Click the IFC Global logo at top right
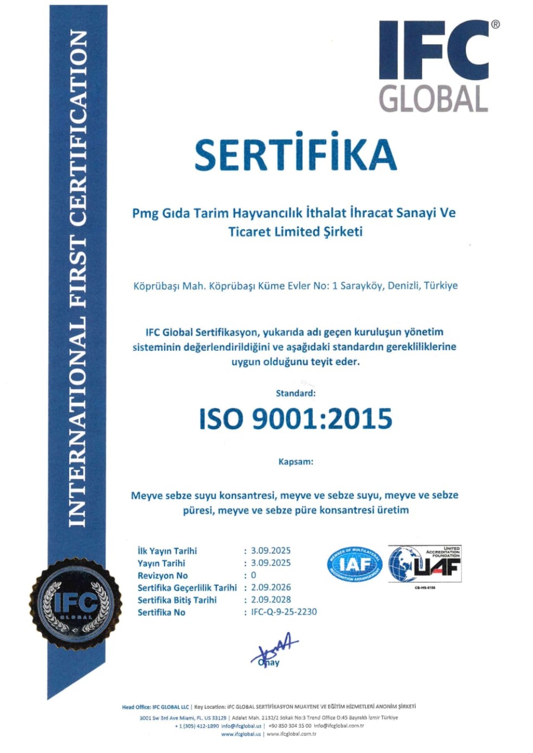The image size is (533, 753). click(x=434, y=66)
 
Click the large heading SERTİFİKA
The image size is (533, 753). click(x=295, y=155)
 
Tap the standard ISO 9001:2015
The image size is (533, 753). click(x=295, y=419)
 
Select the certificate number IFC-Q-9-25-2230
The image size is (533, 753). click(x=284, y=612)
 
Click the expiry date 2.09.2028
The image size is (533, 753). click(x=271, y=599)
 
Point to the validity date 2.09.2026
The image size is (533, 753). click(x=271, y=588)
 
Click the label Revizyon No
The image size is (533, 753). click(x=162, y=576)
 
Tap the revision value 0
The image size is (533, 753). click(x=253, y=576)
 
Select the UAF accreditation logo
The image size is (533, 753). click(x=425, y=565)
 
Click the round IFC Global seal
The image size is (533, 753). click(x=76, y=604)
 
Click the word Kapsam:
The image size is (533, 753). click(x=296, y=462)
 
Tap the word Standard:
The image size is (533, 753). click(x=296, y=393)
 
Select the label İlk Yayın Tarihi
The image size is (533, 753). click(x=167, y=551)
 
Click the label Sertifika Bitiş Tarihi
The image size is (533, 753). click(x=177, y=600)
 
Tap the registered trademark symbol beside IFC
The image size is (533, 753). click(x=495, y=24)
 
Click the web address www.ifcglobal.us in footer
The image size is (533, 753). click(x=241, y=734)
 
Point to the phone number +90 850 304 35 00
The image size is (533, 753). click(x=290, y=726)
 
